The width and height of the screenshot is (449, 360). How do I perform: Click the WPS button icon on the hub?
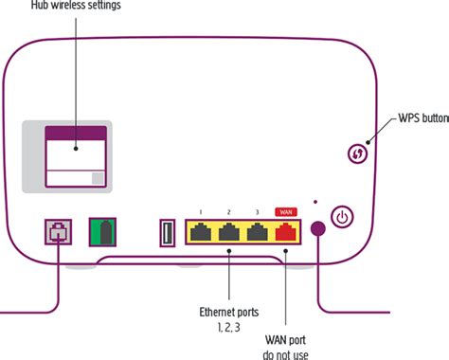tap(358, 153)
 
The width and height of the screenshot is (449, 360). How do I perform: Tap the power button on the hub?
tap(343, 218)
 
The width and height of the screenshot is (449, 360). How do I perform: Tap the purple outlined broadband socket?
tap(58, 233)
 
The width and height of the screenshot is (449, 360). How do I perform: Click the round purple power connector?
tap(317, 230)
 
